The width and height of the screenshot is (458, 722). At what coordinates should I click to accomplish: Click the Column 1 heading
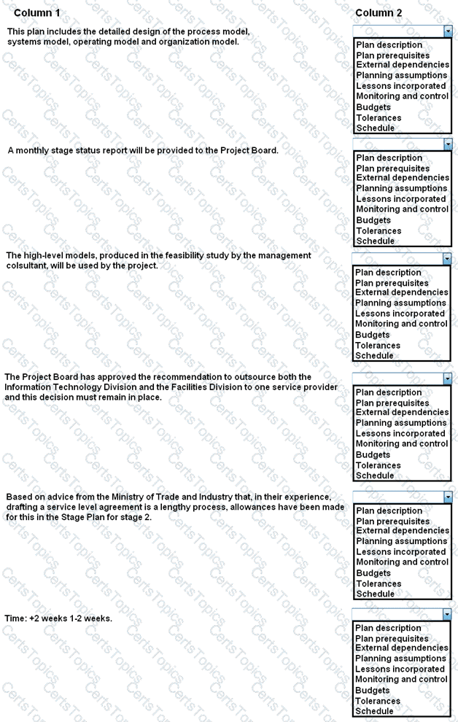tap(37, 13)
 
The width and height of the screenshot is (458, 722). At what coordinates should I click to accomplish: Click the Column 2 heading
tap(379, 13)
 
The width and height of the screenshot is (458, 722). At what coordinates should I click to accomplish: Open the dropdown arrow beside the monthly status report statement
tap(447, 144)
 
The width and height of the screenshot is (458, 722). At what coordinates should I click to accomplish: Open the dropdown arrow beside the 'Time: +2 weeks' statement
tap(447, 615)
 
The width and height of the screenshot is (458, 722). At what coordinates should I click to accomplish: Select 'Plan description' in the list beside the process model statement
tap(389, 45)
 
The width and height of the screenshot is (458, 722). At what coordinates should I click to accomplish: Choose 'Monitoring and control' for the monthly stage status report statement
tap(402, 209)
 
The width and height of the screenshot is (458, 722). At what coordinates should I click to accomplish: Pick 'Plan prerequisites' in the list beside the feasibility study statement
tap(392, 283)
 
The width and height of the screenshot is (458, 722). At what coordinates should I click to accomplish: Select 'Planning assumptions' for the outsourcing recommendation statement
tap(401, 423)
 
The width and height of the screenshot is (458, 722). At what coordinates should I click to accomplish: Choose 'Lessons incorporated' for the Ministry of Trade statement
tap(400, 552)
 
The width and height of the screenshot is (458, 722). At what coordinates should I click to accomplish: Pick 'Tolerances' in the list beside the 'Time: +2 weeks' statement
tap(378, 701)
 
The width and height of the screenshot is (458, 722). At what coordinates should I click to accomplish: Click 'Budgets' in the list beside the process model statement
tap(373, 107)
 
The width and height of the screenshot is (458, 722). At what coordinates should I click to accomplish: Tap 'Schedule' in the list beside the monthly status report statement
tap(375, 241)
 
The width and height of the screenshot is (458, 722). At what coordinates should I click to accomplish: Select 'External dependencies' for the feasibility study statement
tap(402, 292)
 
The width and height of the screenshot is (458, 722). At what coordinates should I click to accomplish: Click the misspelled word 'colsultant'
tap(28, 265)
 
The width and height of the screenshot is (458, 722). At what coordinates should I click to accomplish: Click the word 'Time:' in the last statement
tap(16, 618)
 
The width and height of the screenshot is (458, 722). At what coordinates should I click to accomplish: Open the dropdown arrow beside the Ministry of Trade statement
tap(447, 497)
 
